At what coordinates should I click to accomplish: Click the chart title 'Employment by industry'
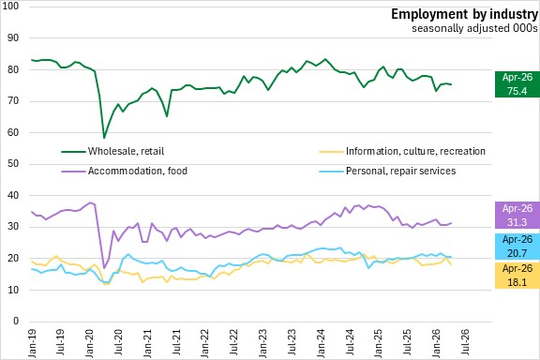[x=464, y=14]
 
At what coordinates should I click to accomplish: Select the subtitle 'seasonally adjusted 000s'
[x=474, y=28]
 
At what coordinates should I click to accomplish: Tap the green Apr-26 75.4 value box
[x=517, y=84]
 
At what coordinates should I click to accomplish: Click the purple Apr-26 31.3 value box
[x=517, y=216]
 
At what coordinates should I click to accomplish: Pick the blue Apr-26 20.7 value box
[x=517, y=247]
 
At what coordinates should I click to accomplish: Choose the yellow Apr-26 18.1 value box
[x=517, y=276]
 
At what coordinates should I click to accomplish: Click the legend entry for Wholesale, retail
[x=112, y=151]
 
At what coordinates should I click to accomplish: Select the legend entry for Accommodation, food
[x=125, y=171]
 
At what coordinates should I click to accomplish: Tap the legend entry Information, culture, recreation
[x=402, y=151]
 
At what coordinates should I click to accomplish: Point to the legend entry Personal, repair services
[x=387, y=171]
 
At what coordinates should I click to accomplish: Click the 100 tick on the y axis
[x=10, y=7]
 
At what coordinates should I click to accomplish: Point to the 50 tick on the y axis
[x=13, y=164]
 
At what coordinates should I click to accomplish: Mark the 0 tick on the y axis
[x=16, y=321]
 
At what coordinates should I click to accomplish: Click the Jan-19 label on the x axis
[x=32, y=343]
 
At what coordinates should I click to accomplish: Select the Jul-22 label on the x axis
[x=233, y=342]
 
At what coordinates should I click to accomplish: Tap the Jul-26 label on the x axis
[x=465, y=342]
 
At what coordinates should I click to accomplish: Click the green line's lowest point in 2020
[x=104, y=138]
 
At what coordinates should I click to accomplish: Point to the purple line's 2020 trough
[x=104, y=268]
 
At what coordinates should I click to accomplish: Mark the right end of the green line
[x=451, y=84]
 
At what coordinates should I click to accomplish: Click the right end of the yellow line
[x=451, y=264]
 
